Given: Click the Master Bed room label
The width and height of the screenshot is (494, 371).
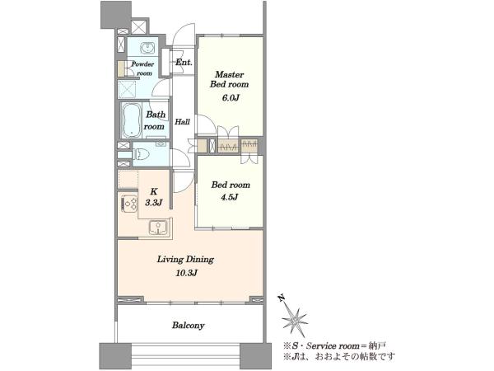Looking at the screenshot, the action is click(x=230, y=79).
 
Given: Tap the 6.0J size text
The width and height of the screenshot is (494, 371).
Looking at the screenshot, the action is click(x=231, y=98).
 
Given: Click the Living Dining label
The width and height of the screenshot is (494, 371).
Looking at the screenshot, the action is click(x=185, y=260).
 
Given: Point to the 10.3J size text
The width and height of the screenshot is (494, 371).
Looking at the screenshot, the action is click(x=187, y=273).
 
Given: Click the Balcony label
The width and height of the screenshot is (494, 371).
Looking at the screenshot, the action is click(x=188, y=326).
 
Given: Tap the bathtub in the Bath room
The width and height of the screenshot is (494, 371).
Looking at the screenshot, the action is click(x=132, y=120).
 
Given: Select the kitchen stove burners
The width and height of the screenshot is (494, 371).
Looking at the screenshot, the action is click(x=129, y=203).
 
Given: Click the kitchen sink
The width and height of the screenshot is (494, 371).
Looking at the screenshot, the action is click(x=158, y=228).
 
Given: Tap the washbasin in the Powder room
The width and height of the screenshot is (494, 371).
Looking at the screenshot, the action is click(x=147, y=48).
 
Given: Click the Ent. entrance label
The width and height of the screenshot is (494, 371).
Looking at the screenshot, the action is click(x=184, y=62).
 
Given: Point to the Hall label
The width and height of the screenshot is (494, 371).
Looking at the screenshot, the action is click(x=183, y=121).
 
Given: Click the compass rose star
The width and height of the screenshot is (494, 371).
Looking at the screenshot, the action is click(x=294, y=320).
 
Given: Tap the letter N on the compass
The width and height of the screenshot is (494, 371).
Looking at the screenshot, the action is click(x=281, y=298).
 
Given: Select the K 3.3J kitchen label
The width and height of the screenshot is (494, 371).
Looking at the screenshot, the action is click(x=153, y=197).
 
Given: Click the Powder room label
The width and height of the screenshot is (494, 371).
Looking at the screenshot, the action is click(x=142, y=68).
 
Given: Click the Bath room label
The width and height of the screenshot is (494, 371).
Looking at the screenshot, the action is click(x=155, y=120).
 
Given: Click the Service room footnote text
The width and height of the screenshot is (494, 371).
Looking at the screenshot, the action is click(x=335, y=345).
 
